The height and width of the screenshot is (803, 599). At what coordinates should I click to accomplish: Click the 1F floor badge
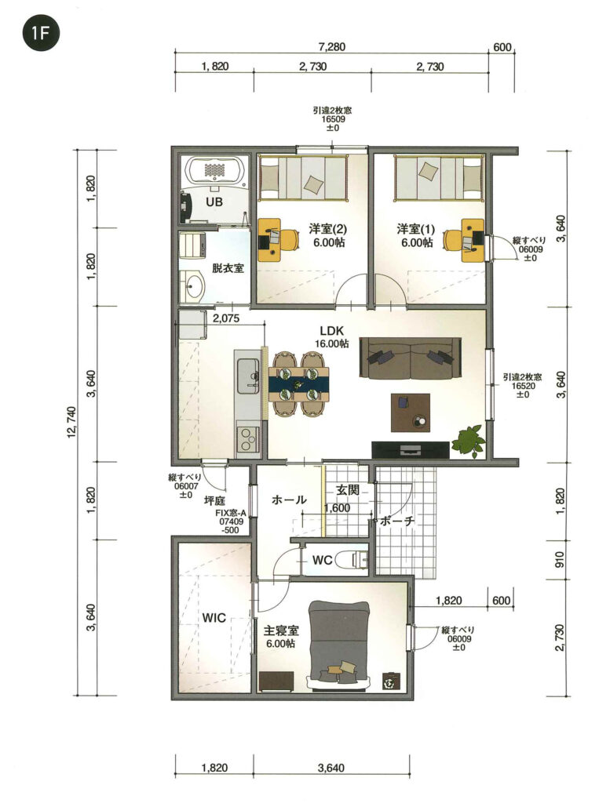click(41, 33)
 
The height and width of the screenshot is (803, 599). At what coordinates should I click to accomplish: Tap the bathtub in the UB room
click(215, 170)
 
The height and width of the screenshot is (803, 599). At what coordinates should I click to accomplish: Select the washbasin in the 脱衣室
click(193, 285)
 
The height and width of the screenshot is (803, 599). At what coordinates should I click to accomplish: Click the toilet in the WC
click(353, 560)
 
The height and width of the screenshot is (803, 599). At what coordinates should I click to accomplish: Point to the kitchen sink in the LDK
click(247, 376)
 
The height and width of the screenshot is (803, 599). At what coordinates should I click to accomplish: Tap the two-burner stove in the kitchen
click(247, 439)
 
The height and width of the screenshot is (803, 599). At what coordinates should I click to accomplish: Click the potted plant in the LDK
click(469, 440)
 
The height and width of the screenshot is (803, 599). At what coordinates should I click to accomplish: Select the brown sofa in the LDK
click(411, 358)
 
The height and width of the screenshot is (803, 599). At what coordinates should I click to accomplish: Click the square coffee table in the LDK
click(411, 412)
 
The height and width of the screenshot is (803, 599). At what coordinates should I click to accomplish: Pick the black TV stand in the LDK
click(411, 449)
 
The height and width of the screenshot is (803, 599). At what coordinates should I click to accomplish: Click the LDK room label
click(332, 336)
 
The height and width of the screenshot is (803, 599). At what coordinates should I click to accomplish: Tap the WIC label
click(214, 618)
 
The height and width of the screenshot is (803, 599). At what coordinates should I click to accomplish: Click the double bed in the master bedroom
click(339, 645)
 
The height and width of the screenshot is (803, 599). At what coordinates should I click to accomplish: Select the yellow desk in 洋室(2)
click(269, 240)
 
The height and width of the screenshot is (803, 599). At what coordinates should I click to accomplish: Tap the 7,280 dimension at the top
click(332, 47)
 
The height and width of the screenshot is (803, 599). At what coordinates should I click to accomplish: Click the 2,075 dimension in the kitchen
click(226, 318)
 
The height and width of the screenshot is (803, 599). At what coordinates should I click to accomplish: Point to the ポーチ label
click(396, 521)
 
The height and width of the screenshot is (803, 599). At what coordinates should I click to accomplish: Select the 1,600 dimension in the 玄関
click(337, 507)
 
